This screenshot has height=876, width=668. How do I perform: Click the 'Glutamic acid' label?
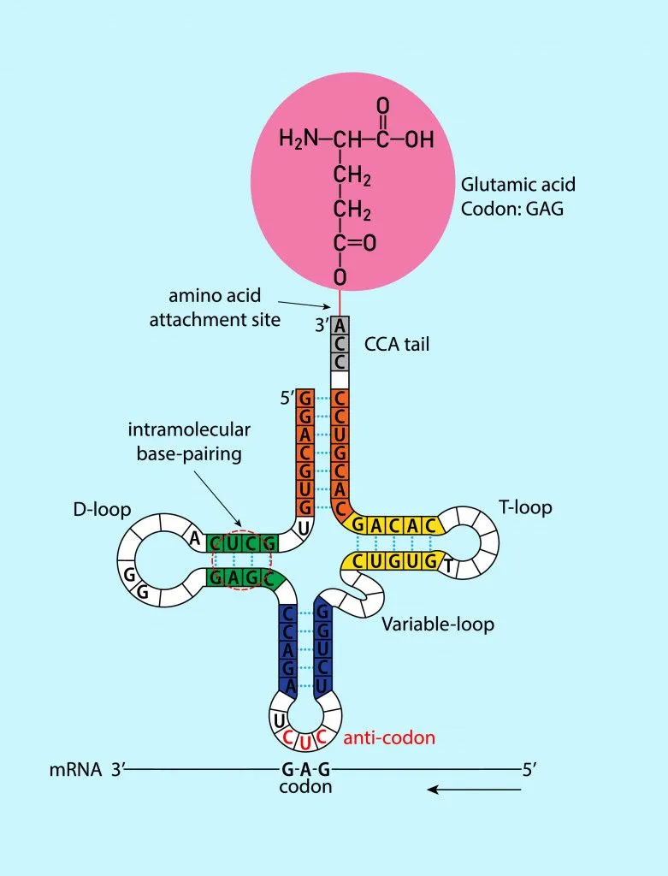coord(517,184)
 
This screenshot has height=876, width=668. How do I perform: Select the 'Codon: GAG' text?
coord(512,208)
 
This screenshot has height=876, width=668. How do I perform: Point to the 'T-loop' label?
coord(525,507)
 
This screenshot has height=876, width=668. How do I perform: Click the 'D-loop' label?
coord(102,510)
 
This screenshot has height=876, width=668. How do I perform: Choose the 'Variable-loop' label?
coord(438,624)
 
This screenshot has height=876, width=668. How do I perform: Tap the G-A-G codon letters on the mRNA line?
coord(305,769)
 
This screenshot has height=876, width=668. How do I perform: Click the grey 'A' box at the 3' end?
coord(340,325)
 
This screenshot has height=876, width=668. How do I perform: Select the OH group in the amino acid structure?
coord(419,139)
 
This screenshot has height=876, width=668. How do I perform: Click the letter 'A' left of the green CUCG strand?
coord(195,539)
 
